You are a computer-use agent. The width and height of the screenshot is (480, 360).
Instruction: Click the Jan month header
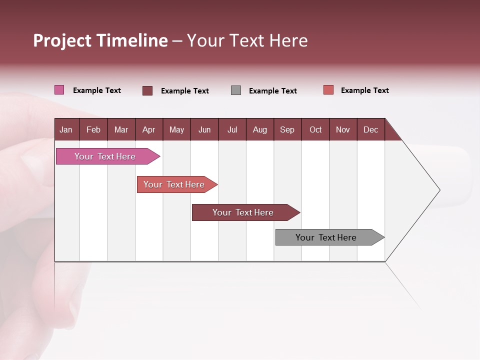click(x=66, y=129)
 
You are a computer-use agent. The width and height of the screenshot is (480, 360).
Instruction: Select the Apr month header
click(x=148, y=129)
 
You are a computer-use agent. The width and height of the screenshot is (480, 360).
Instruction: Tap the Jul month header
click(x=232, y=129)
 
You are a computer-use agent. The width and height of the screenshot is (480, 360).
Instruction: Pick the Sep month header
click(x=287, y=129)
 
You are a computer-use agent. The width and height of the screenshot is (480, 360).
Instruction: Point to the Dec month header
click(x=370, y=129)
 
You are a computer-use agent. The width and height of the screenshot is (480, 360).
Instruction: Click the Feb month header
click(x=93, y=129)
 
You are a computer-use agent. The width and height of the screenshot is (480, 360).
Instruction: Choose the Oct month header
click(x=315, y=129)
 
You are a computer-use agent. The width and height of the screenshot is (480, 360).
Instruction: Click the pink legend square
click(x=59, y=90)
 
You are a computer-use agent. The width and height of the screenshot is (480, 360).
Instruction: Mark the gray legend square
click(x=236, y=90)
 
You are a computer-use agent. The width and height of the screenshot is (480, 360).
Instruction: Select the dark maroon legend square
click(x=147, y=90)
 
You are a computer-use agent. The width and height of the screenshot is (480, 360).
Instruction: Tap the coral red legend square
click(x=328, y=90)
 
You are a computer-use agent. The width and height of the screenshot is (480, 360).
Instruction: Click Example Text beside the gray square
click(x=272, y=91)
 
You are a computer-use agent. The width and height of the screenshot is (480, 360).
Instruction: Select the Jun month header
click(x=204, y=129)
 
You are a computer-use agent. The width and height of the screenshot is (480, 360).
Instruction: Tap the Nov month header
click(x=343, y=129)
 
